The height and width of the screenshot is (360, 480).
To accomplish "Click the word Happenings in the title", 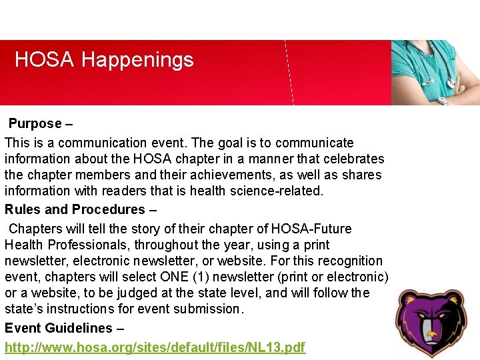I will point(137,61).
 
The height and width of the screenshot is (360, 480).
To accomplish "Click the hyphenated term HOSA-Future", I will point(313,229).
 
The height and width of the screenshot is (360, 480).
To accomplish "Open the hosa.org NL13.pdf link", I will point(155,347).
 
